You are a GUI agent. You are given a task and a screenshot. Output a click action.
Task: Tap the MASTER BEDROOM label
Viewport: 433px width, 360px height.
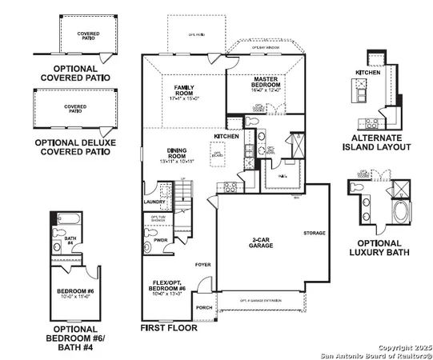click(x=265, y=82)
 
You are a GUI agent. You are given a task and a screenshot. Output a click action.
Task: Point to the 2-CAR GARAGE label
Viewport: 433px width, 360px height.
click(x=262, y=242)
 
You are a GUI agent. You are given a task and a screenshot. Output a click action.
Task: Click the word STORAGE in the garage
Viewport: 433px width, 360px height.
click(x=315, y=233)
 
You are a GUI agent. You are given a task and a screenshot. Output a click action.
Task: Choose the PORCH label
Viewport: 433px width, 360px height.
click(x=205, y=306)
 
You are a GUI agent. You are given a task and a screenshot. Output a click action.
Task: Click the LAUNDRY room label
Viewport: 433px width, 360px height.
click(x=154, y=202)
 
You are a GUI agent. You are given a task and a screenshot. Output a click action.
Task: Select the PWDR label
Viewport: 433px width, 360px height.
click(x=159, y=238)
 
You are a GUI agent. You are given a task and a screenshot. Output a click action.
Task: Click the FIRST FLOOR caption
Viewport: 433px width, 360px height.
click(x=169, y=328)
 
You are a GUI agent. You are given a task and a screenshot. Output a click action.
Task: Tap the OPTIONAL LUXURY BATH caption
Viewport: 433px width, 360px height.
click(x=379, y=248)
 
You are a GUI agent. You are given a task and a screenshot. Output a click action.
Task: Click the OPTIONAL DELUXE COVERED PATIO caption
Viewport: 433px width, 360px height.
click(x=71, y=146)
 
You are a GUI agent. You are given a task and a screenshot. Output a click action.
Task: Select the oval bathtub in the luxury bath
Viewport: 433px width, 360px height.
click(x=378, y=214)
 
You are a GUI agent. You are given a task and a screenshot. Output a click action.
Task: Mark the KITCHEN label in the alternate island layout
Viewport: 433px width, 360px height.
click(x=367, y=72)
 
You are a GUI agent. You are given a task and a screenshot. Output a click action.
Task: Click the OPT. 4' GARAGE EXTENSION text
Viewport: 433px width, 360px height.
click(x=262, y=301)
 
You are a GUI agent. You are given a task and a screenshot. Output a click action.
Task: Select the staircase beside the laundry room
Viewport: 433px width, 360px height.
click(x=184, y=193)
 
